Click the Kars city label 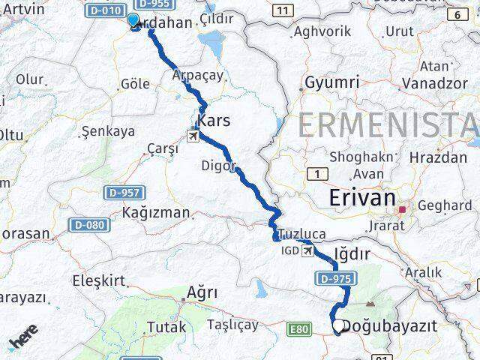(214, 121)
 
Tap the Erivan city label (362, 198)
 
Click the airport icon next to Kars (193, 136)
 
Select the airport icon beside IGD (306, 251)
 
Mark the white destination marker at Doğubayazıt (338, 326)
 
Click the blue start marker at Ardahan (134, 22)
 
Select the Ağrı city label (202, 292)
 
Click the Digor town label (218, 166)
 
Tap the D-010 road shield (104, 10)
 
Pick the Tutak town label (166, 327)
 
